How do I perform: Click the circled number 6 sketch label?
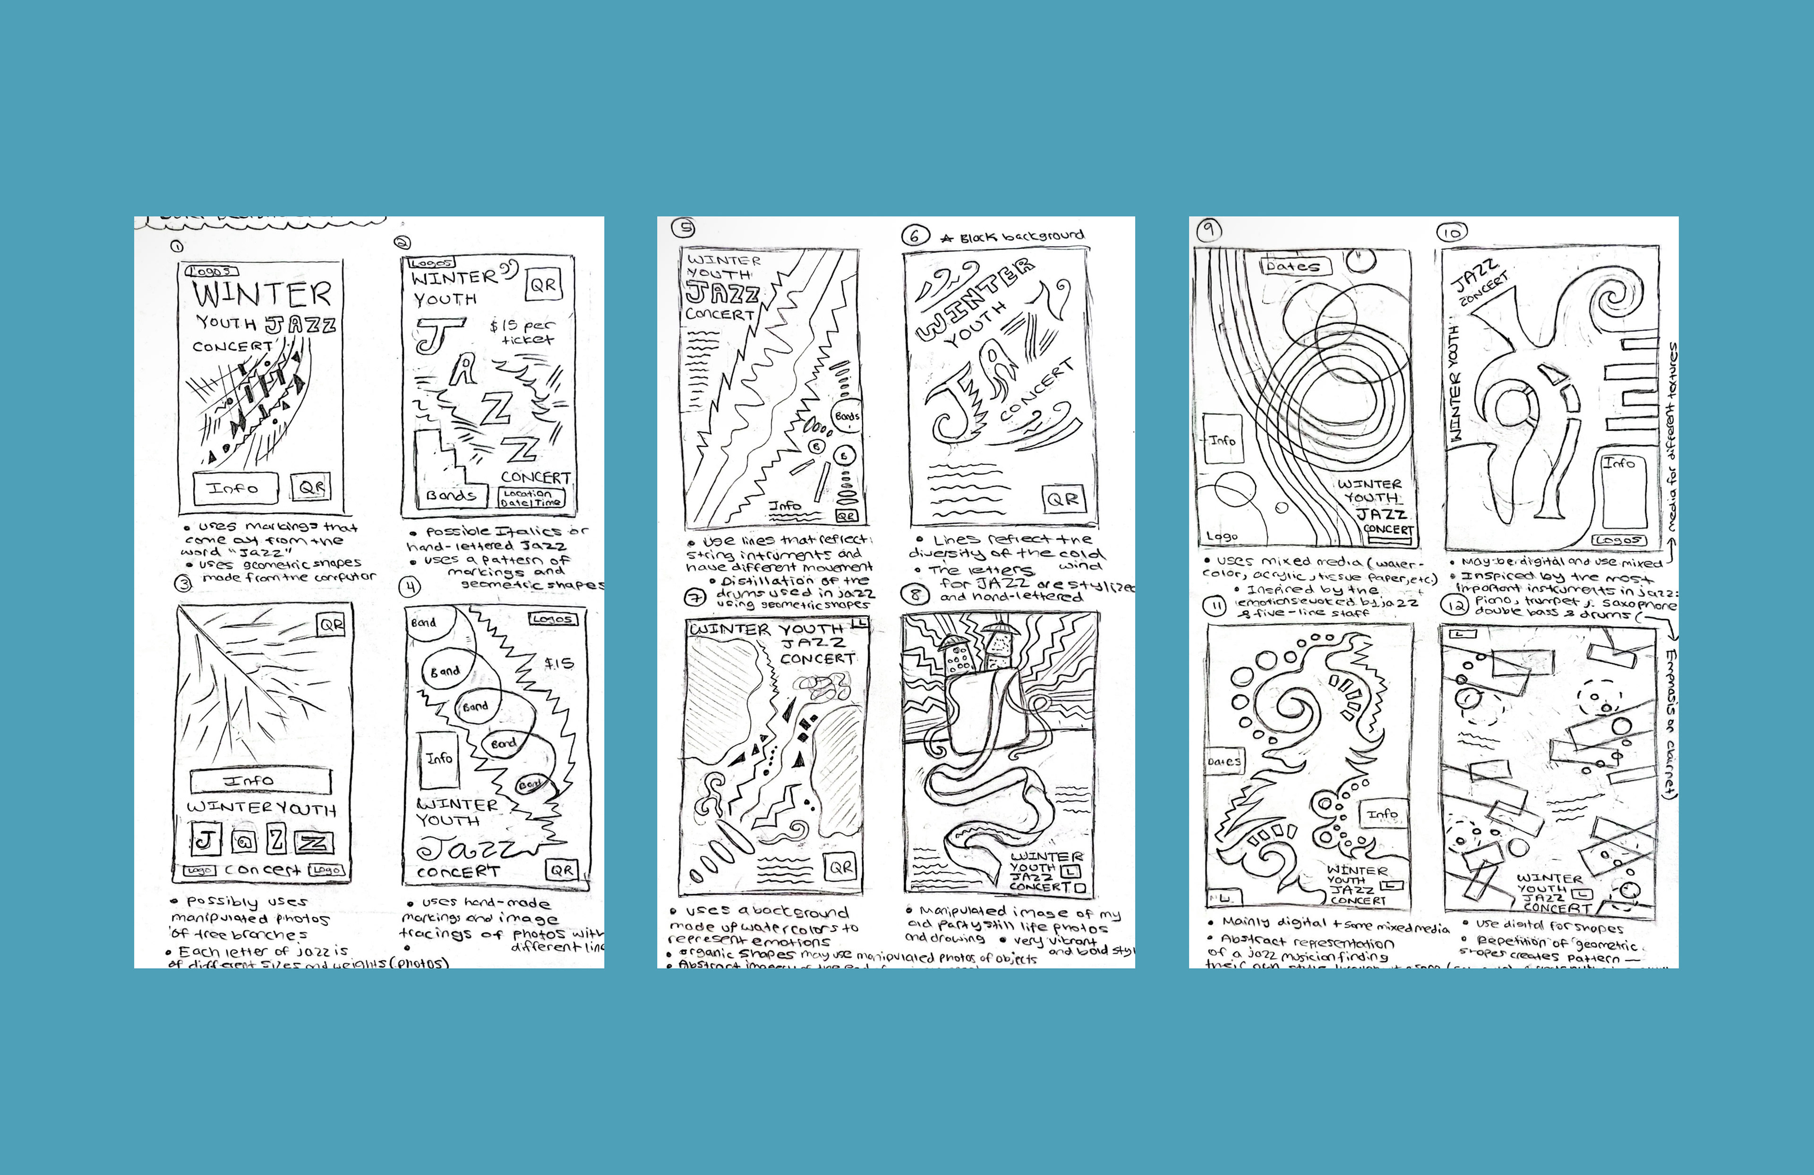(915, 236)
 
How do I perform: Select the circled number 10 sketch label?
(1451, 232)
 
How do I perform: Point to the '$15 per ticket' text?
(523, 332)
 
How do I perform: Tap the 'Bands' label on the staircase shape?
(451, 495)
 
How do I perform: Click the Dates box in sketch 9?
(1294, 267)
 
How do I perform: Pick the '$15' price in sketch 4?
(559, 663)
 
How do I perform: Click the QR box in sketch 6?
(1062, 499)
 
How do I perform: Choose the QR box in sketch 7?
(841, 867)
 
